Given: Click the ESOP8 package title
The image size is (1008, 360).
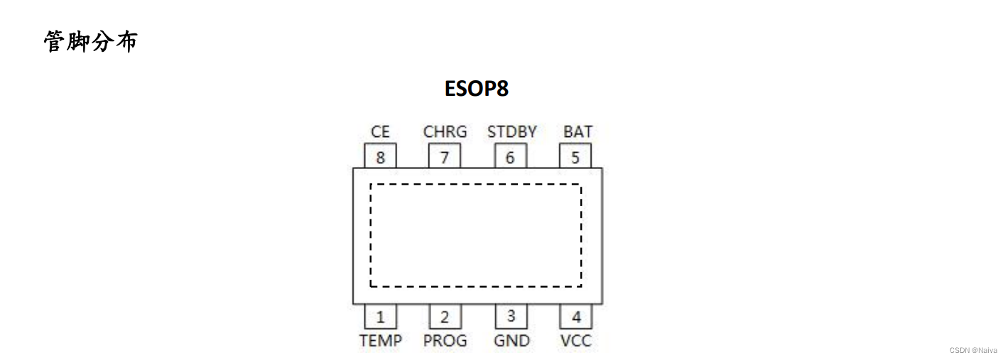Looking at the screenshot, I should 477,89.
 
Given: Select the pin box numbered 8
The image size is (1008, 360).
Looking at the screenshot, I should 380,156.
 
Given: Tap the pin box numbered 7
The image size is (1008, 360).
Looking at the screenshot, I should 445,156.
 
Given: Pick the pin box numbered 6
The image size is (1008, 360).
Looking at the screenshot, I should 510,156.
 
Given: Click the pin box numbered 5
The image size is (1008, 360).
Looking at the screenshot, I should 575,156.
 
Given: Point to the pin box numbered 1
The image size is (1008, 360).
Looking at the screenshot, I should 380,317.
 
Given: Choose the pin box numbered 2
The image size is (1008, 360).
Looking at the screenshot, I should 445,317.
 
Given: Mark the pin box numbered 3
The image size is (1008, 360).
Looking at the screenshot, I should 511,317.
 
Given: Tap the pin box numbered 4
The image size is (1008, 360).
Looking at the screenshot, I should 575,317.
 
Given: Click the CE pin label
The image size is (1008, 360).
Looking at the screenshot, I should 380,132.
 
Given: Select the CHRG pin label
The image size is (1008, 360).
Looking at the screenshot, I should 445,132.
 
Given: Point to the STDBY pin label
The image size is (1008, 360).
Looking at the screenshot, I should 511,132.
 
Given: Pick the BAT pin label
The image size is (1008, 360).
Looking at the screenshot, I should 578,132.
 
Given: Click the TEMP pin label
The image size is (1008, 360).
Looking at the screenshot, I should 380,341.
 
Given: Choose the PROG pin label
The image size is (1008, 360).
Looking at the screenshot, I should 445,341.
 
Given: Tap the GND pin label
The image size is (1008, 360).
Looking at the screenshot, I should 511,341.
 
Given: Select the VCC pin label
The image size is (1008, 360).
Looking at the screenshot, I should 575,341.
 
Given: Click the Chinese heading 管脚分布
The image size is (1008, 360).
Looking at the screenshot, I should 90,41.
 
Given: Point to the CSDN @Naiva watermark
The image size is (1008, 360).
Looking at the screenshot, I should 973,350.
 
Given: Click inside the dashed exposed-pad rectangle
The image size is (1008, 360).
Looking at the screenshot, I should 476,235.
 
